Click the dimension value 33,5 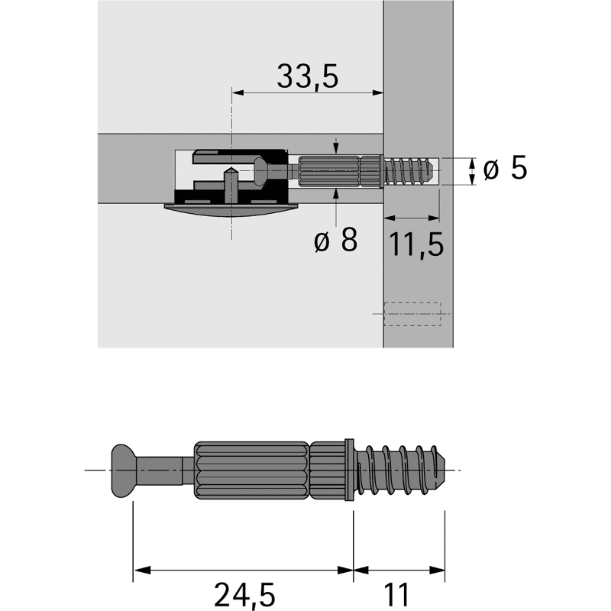click(x=308, y=76)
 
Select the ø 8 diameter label click(x=335, y=241)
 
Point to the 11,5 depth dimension click(x=415, y=244)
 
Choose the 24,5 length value click(x=243, y=594)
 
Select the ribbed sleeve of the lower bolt click(x=252, y=469)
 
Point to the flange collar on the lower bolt click(x=351, y=469)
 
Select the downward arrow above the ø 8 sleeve click(x=337, y=148)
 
